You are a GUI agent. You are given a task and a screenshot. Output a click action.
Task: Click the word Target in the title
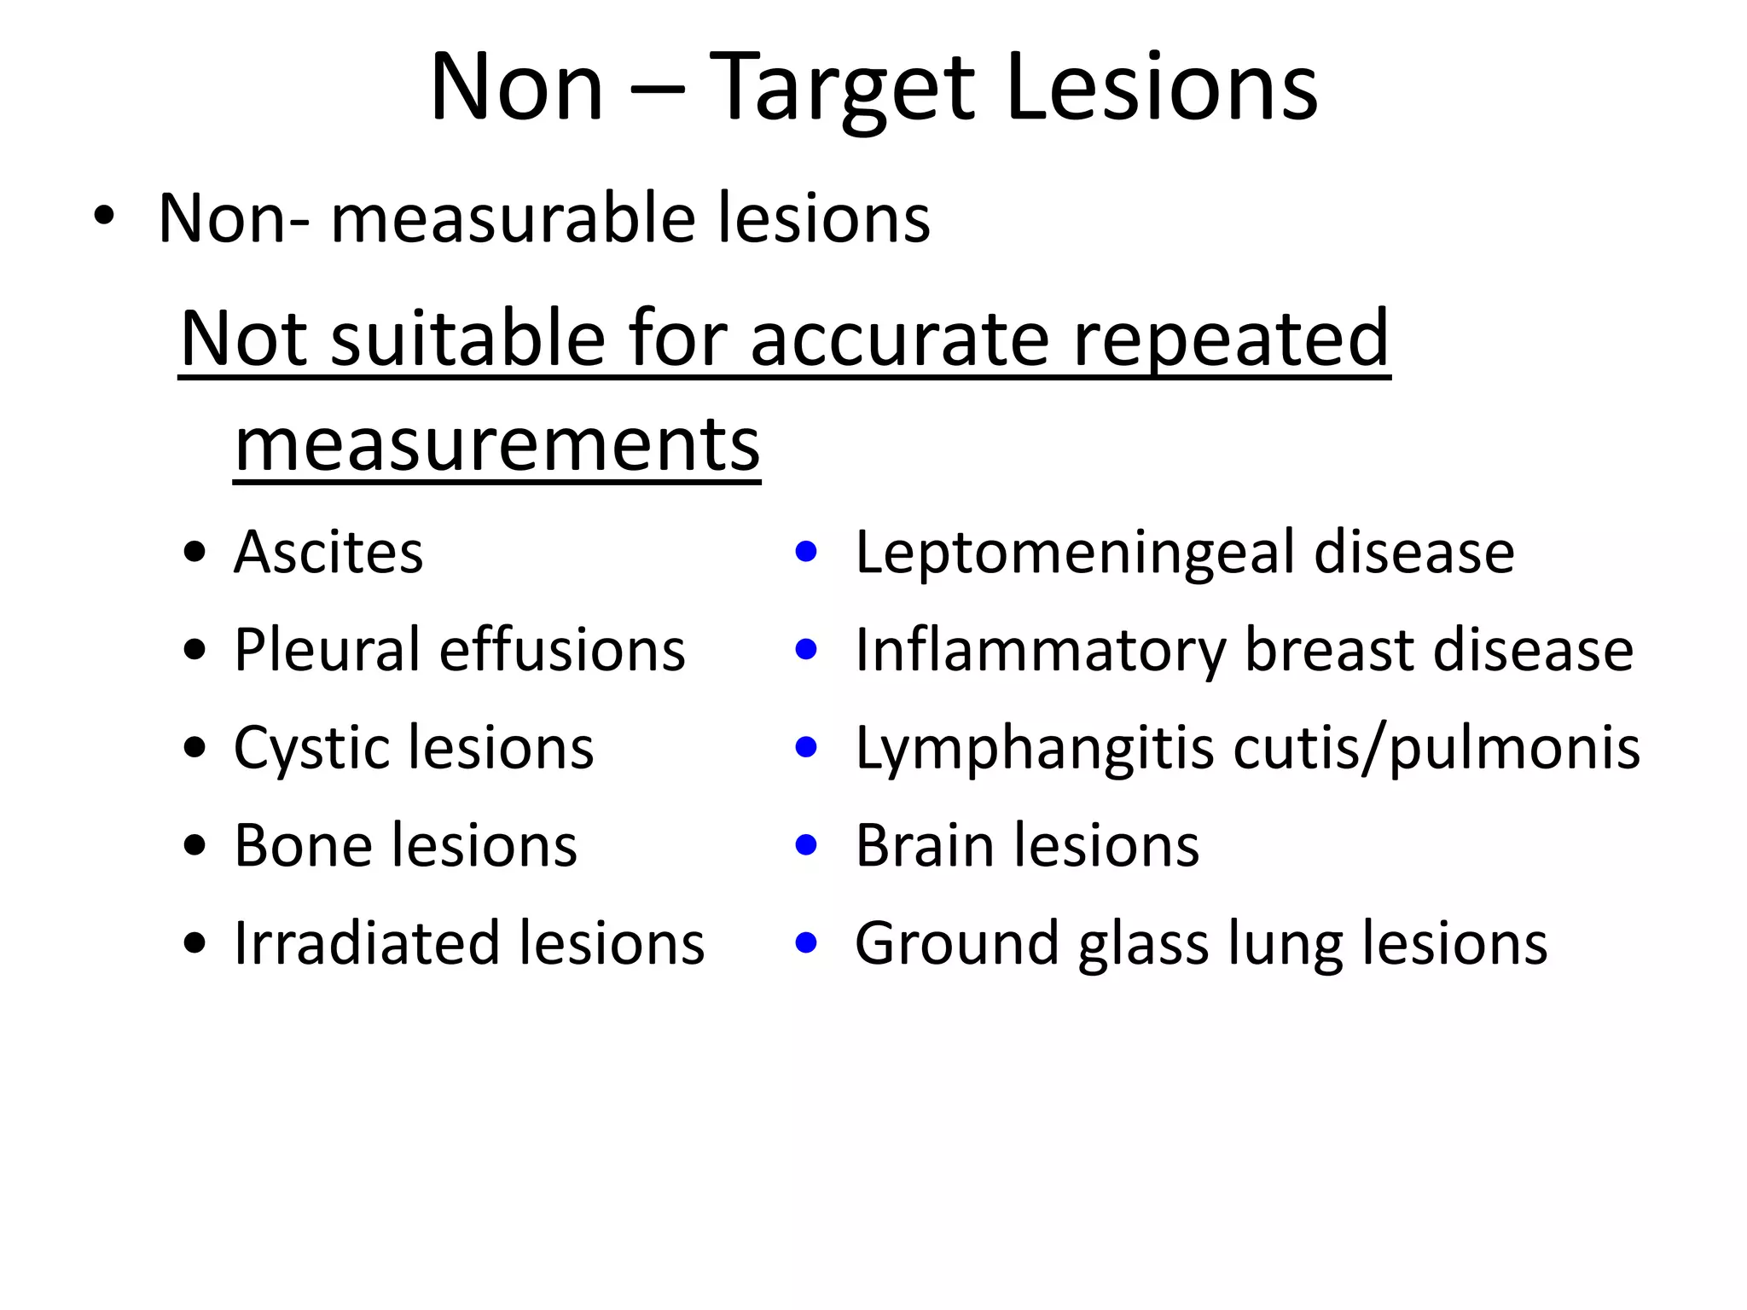point(841,88)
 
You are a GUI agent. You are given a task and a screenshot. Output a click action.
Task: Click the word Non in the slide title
point(517,88)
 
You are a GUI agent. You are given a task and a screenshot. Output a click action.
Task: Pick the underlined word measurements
point(497,444)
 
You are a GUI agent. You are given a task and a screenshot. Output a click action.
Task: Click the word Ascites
point(328,552)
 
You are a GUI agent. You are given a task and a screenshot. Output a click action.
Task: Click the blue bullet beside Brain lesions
point(806,845)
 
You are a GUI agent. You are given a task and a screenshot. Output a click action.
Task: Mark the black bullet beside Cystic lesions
point(195,748)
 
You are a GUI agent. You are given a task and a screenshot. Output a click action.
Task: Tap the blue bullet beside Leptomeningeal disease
point(806,552)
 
